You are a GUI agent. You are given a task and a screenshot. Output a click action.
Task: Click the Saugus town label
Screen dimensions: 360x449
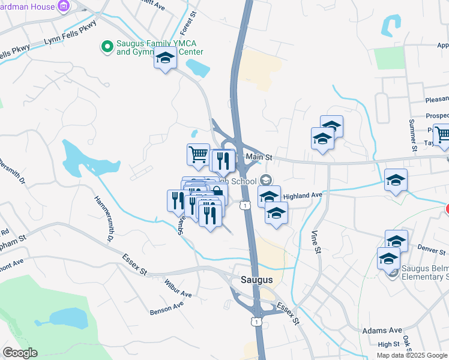tap(257, 280)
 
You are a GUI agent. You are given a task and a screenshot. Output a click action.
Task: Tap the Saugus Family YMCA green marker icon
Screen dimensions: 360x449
tap(107, 46)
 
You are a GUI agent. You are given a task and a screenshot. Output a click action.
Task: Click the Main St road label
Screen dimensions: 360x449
tap(259, 157)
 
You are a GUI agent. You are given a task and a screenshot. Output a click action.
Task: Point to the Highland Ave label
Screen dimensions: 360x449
tap(303, 196)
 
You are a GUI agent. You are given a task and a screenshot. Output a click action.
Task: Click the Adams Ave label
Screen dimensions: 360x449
tap(382, 331)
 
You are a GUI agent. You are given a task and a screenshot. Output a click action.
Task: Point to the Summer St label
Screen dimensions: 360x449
tap(412, 136)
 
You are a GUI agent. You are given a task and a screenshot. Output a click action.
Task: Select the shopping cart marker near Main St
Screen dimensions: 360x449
tap(198, 155)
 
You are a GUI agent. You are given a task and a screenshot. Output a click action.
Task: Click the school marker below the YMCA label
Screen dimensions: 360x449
tap(165, 59)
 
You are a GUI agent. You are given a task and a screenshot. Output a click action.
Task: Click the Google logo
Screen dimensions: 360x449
tap(20, 353)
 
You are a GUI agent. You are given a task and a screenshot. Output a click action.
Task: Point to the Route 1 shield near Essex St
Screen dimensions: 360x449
tap(257, 322)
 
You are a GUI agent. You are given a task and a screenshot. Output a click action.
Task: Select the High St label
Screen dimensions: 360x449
tap(388, 344)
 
